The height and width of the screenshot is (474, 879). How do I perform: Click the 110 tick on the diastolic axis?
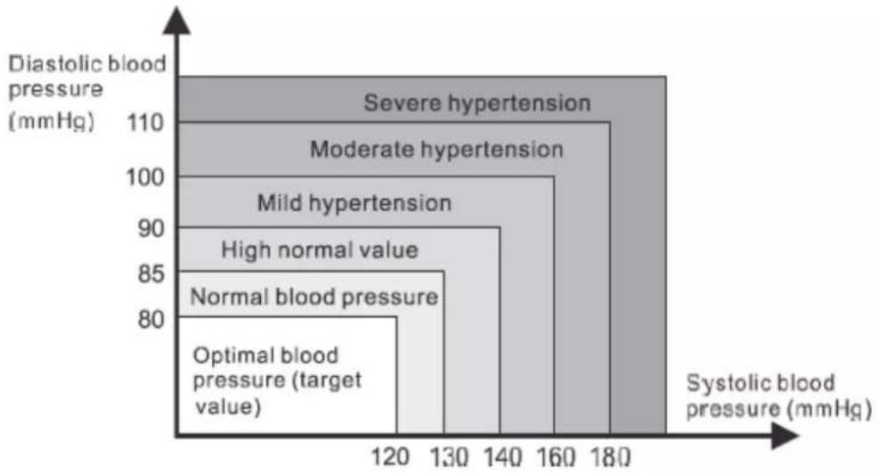(146, 122)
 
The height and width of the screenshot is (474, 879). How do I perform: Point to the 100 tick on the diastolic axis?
(145, 177)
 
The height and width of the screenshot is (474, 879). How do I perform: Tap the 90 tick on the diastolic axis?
(151, 228)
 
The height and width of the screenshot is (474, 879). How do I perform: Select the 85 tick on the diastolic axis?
(151, 274)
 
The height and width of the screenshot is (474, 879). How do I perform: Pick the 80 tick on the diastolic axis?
(151, 319)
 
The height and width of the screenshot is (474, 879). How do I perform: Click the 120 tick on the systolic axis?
(391, 456)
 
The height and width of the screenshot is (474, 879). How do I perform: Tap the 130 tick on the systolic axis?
(449, 456)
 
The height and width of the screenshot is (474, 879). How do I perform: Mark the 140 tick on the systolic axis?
(503, 456)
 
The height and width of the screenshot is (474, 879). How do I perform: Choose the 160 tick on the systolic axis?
(556, 456)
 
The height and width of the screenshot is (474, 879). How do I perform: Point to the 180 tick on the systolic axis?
(610, 456)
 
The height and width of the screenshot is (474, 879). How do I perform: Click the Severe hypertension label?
(477, 103)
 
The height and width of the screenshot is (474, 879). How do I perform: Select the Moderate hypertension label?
(436, 150)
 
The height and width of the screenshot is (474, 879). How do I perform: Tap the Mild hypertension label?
(354, 203)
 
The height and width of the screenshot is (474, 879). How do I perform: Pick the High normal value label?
(320, 249)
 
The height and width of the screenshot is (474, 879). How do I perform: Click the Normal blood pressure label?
(314, 297)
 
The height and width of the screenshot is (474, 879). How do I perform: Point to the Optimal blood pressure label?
(277, 380)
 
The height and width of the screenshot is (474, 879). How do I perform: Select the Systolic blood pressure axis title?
(778, 396)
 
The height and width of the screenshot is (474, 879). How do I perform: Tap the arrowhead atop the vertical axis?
(177, 20)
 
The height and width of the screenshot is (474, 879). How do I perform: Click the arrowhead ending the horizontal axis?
(785, 436)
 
